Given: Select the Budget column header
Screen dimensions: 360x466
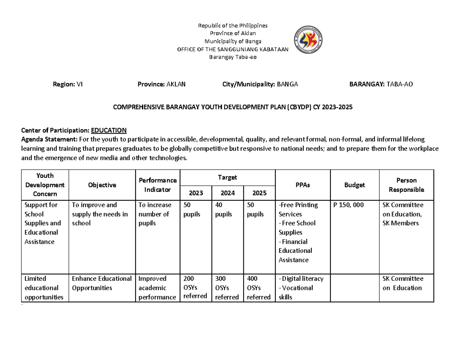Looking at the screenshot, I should click(x=355, y=185).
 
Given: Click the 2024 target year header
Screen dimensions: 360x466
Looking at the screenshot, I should click(x=227, y=193).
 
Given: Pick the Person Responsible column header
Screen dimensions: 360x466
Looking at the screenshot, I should click(x=406, y=185).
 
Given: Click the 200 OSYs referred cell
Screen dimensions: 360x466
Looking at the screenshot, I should click(x=195, y=287).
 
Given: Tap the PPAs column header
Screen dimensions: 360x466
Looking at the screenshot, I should click(x=302, y=185).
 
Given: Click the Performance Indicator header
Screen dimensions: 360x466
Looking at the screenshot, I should click(x=158, y=185).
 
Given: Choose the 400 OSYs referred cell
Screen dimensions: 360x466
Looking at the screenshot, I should click(x=258, y=288).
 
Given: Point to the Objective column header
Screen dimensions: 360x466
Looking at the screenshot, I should click(x=102, y=185).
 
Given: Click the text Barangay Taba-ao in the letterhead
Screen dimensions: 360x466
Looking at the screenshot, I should click(x=233, y=57).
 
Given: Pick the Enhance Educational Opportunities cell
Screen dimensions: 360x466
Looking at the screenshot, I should click(x=102, y=283).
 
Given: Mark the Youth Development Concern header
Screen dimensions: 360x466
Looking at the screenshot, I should click(x=45, y=185).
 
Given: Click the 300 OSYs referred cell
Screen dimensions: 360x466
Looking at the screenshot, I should click(x=227, y=288).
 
